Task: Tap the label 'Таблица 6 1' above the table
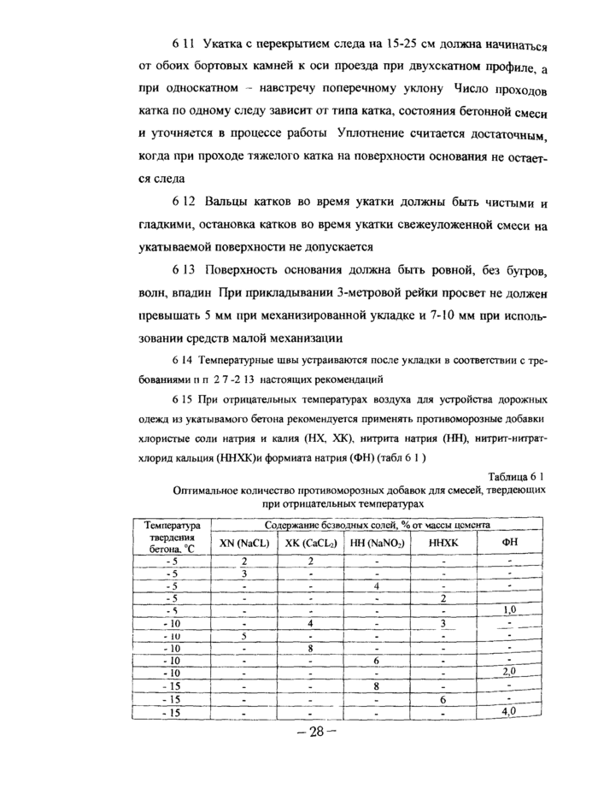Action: pyautogui.click(x=515, y=476)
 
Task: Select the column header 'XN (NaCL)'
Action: pyautogui.click(x=243, y=543)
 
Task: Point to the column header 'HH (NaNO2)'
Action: pyautogui.click(x=376, y=543)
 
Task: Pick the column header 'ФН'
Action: pyautogui.click(x=509, y=543)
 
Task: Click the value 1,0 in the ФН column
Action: pyautogui.click(x=510, y=610)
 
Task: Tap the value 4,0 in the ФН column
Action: pyautogui.click(x=509, y=711)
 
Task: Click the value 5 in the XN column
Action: pyautogui.click(x=243, y=635)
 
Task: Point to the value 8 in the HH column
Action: pyautogui.click(x=376, y=686)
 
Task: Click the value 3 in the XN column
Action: pyautogui.click(x=243, y=573)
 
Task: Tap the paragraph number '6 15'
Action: pyautogui.click(x=182, y=399)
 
